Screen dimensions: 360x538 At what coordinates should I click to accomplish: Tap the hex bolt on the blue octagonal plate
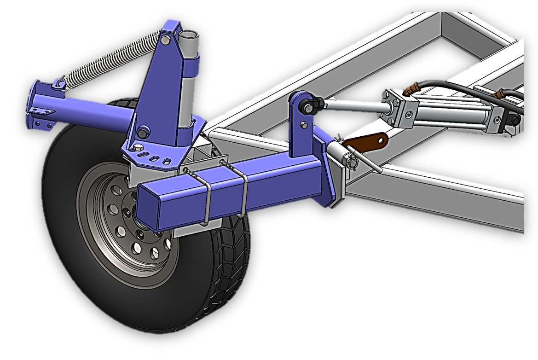pos(139,148)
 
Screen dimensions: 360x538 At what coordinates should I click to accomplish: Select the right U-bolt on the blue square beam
pos(243,189)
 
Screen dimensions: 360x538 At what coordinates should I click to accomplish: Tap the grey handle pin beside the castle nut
pos(366,159)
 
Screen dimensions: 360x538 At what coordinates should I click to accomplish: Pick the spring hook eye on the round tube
pos(58,84)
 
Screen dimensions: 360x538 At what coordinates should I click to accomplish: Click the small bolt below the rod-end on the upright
pos(304,124)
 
